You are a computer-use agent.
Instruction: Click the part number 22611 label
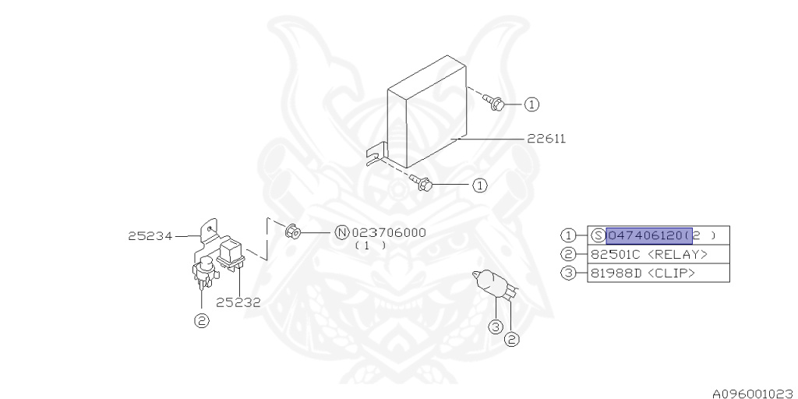[546, 139]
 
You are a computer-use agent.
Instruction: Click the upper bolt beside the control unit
[494, 101]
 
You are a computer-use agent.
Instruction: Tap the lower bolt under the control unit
[422, 184]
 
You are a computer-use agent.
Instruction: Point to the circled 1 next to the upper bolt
[531, 104]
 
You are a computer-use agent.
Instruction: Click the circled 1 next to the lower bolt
[479, 185]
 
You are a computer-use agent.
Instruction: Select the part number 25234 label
[150, 235]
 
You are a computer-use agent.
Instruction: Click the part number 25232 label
[238, 302]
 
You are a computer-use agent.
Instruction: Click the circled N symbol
[341, 232]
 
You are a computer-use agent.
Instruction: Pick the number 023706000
[389, 232]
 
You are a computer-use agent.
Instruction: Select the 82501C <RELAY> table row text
[648, 254]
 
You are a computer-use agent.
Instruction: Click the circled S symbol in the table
[598, 235]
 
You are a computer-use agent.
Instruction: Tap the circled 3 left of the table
[569, 273]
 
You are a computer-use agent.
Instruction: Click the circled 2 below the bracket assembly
[202, 320]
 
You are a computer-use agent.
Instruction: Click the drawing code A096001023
[753, 393]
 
